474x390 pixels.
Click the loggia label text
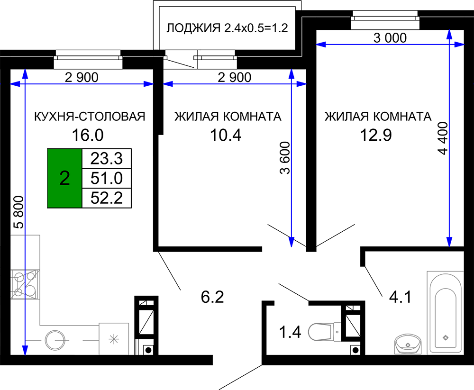click(x=227, y=28)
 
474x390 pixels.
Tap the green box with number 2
click(x=64, y=178)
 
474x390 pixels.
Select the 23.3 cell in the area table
click(x=107, y=158)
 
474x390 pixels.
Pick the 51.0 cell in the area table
click(x=107, y=178)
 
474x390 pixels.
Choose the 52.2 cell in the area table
click(x=107, y=198)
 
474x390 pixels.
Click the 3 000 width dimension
click(x=390, y=38)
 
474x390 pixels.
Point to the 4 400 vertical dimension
click(x=443, y=138)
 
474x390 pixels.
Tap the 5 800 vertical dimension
click(x=19, y=212)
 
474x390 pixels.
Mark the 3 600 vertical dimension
click(x=285, y=158)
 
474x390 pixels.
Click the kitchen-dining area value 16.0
click(x=88, y=135)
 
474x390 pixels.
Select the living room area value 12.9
click(x=376, y=135)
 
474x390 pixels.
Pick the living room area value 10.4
click(x=226, y=135)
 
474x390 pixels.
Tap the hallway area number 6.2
click(x=212, y=297)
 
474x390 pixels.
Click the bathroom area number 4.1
click(x=400, y=297)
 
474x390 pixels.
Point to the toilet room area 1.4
click(x=290, y=332)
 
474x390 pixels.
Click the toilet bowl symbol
click(x=325, y=332)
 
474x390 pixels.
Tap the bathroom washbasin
click(x=408, y=344)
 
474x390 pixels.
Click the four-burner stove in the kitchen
click(x=25, y=284)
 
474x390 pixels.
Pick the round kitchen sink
click(x=55, y=340)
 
